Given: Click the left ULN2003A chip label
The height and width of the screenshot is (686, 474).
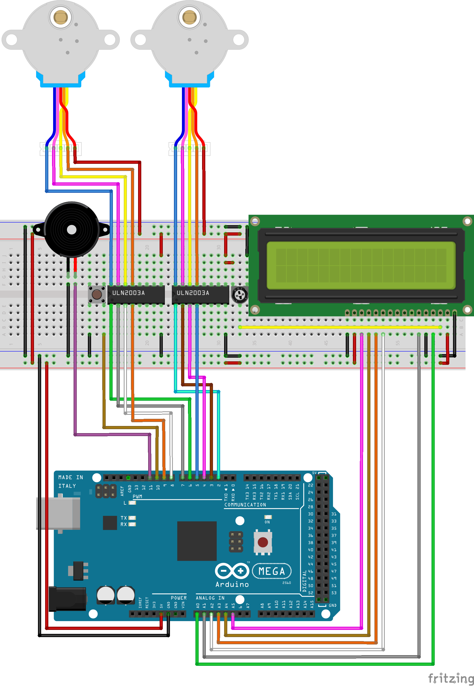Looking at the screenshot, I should coord(128,293).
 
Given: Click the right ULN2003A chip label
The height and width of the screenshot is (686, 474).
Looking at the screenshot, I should coord(193,293).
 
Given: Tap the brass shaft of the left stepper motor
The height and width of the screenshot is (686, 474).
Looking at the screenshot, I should coord(61,17).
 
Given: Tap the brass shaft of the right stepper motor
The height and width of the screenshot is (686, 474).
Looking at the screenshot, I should coord(190,17).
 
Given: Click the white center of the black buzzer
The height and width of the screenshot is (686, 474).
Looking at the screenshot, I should coord(72,229).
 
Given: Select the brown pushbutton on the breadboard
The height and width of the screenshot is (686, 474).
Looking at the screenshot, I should coord(97,294).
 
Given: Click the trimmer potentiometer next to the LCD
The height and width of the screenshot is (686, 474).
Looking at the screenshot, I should coord(239,295).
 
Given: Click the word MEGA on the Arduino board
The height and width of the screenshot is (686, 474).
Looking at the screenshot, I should coord(271,571).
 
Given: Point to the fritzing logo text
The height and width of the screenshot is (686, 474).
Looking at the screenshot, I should coord(451,678).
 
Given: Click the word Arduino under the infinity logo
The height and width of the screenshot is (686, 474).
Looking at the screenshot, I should coord(232,585).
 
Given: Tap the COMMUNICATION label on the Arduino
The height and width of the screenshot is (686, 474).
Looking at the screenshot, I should coord(245,505).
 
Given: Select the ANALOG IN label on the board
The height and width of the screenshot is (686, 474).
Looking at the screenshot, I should coord(210,598).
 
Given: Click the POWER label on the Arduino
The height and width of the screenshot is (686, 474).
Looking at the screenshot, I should coord(178,598).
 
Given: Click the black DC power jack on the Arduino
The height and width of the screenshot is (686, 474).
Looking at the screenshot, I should coord(67,599).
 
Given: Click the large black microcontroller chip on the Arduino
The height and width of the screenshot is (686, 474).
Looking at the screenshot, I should coord(197,541).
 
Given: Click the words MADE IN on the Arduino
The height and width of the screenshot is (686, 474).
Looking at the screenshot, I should coord(71,477).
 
